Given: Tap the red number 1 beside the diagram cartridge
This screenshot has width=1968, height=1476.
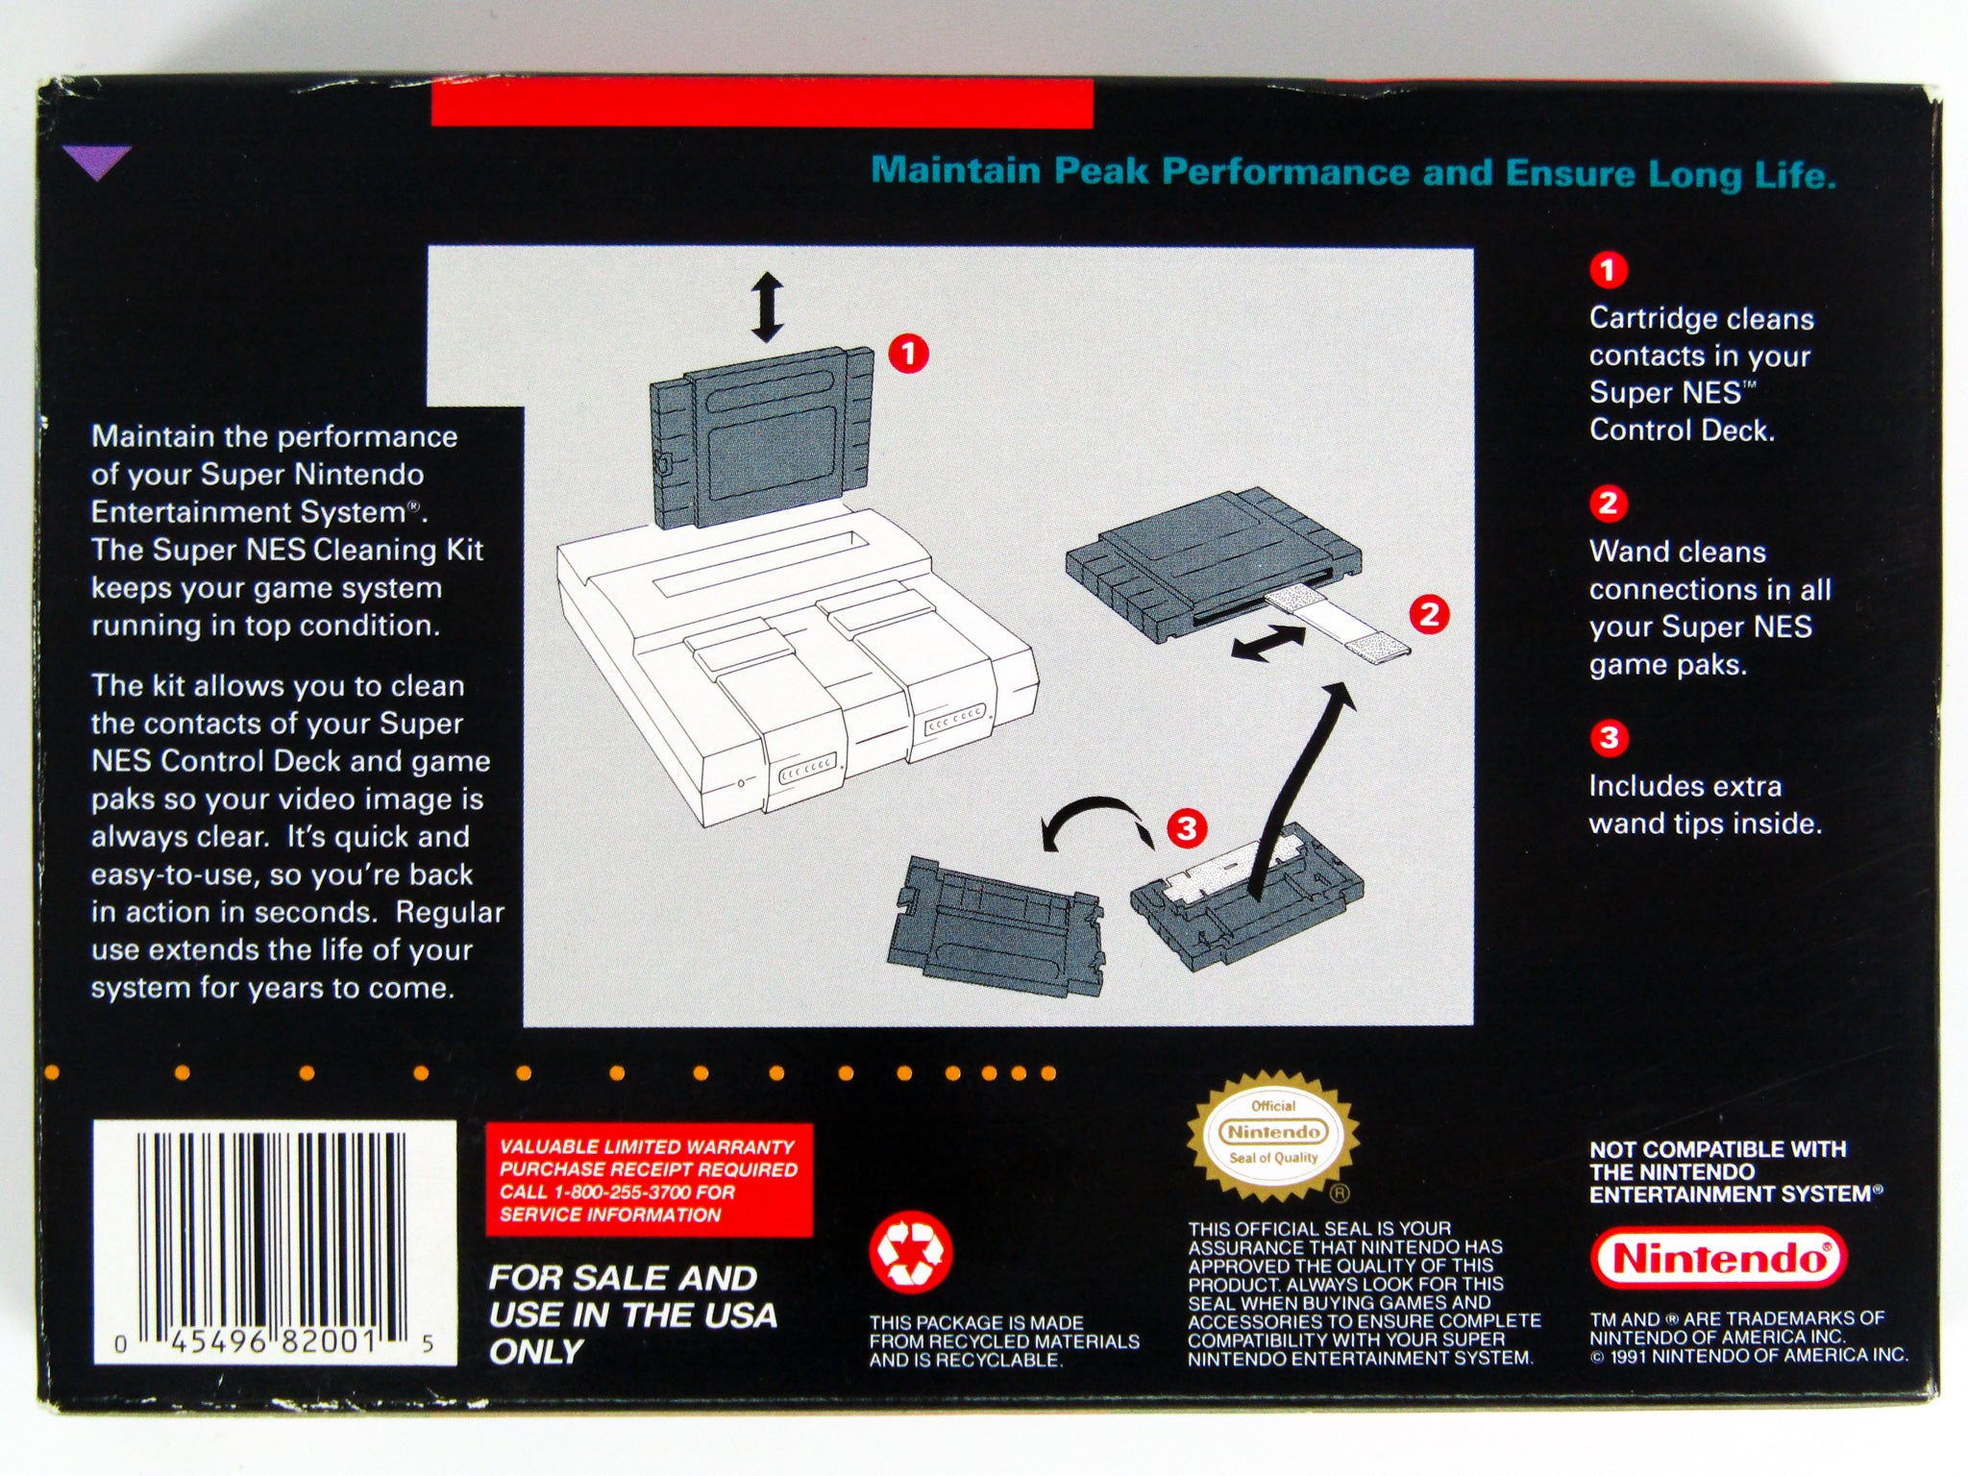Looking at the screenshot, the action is click(908, 354).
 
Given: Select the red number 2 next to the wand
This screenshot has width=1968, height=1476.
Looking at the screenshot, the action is click(1429, 614).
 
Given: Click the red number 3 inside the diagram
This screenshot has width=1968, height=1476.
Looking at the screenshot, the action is click(1187, 827).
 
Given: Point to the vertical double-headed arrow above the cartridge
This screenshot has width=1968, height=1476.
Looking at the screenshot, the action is click(767, 307).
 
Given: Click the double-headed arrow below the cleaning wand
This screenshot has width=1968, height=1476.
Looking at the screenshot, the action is click(1268, 643).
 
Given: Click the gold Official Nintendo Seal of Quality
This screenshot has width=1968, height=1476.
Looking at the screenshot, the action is click(1273, 1135).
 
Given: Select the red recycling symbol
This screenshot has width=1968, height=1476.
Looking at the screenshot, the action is click(911, 1252).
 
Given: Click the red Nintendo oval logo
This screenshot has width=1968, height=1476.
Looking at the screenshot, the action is click(1719, 1258).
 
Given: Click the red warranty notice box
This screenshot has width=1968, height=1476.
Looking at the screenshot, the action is click(649, 1180).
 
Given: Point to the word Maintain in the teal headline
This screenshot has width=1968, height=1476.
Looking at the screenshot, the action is click(956, 170).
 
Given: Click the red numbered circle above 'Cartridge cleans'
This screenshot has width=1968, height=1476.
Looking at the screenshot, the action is click(1608, 270).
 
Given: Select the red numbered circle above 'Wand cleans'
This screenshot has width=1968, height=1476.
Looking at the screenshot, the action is click(1608, 503).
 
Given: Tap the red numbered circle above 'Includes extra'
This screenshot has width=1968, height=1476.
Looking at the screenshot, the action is click(1608, 738).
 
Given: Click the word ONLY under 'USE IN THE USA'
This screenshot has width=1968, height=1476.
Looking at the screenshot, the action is click(535, 1352).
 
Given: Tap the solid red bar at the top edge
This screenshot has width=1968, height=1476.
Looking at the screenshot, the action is click(762, 103).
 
